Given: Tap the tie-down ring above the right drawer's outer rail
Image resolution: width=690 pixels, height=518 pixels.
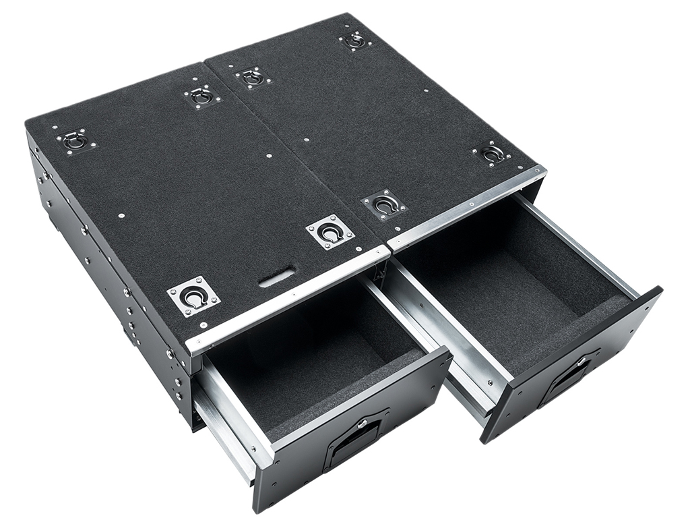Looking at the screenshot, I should tap(493, 154).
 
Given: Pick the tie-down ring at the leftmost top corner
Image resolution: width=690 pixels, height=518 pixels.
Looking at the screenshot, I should tap(75, 140).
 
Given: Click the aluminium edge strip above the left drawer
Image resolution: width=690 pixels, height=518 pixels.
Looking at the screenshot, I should tap(290, 297).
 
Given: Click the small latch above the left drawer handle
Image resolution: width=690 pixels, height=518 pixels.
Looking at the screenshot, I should tap(362, 424).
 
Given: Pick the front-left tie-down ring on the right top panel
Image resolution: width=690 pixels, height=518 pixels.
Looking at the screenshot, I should tap(384, 204).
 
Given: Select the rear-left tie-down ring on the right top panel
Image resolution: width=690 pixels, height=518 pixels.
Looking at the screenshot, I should tap(253, 77).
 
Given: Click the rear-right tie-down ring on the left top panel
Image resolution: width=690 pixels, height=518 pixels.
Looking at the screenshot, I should tap(201, 96).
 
